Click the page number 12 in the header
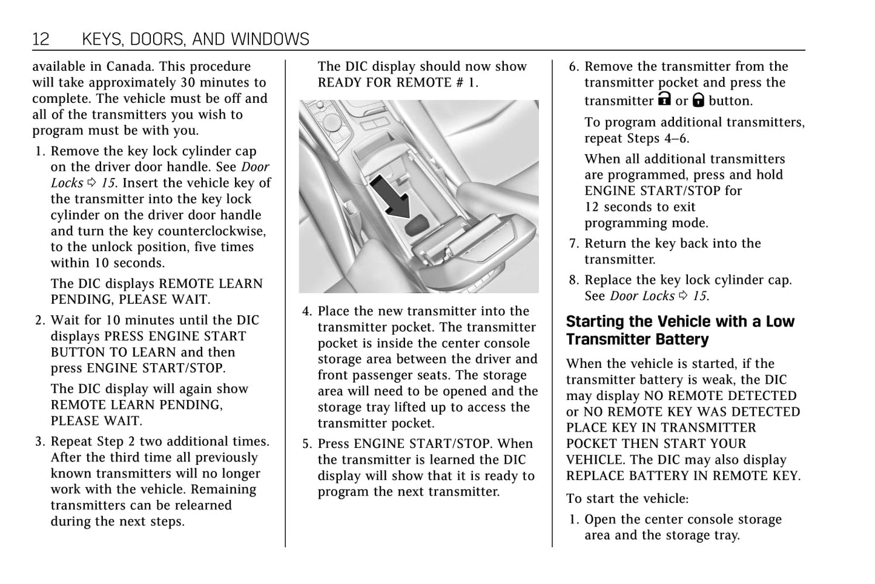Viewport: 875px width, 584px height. click(41, 39)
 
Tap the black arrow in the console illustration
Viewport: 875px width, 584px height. click(389, 194)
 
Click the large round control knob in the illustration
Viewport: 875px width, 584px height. click(332, 123)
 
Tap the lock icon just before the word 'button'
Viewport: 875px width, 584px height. click(698, 100)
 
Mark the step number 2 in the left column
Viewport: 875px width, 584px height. click(40, 320)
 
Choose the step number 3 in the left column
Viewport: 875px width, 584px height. click(40, 442)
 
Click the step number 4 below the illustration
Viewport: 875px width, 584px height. click(307, 311)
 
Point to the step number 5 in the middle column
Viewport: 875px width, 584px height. click(307, 444)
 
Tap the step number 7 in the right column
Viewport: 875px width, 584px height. click(574, 243)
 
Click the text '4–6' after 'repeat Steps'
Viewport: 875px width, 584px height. click(676, 138)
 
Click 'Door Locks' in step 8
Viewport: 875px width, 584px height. click(642, 296)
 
